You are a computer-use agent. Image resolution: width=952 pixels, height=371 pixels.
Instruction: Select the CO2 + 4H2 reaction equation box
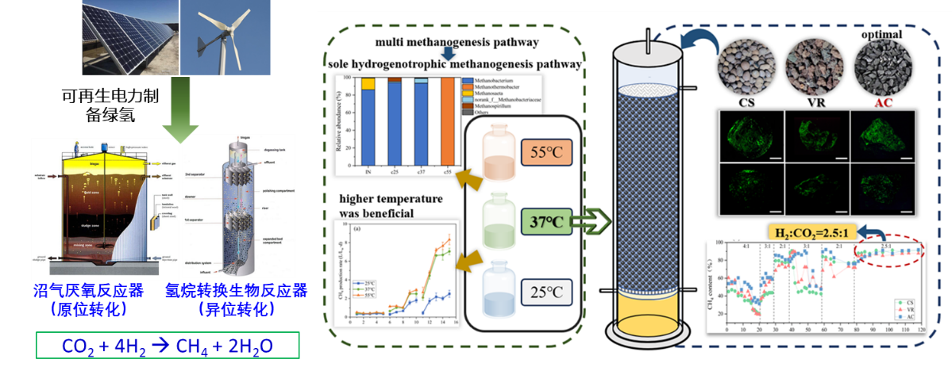(x=168, y=346)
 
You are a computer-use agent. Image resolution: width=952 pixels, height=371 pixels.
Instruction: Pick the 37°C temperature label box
(x=546, y=222)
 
